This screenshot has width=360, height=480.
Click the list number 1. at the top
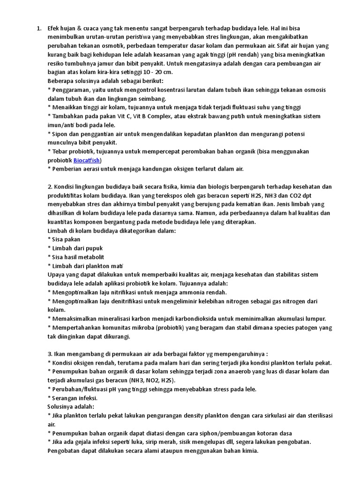coord(39,28)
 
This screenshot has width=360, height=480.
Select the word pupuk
coord(94,248)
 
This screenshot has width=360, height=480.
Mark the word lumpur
coord(315,319)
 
